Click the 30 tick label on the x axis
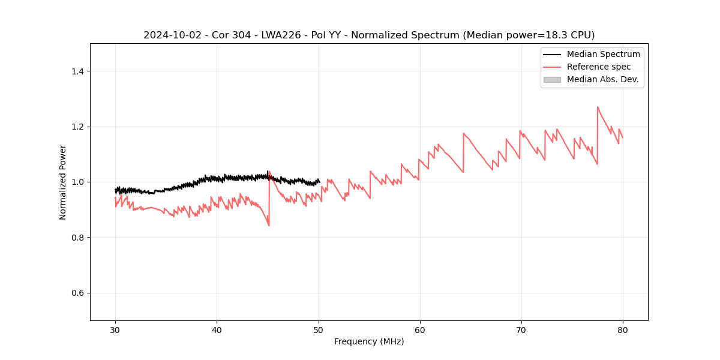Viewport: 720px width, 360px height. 115,330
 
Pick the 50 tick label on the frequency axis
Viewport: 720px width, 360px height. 319,330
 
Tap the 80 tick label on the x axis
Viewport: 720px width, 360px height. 623,330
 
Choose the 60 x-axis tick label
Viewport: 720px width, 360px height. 420,330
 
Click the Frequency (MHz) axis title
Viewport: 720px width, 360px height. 369,341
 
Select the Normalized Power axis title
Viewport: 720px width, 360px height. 63,182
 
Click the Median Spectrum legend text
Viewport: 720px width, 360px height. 603,54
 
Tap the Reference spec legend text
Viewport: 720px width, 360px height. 599,67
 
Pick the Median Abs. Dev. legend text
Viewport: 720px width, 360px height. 602,79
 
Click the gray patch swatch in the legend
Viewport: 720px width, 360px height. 552,79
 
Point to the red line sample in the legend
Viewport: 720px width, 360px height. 552,67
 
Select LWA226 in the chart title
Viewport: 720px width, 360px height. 281,35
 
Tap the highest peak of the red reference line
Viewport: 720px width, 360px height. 598,107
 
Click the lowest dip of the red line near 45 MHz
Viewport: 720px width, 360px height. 269,226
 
